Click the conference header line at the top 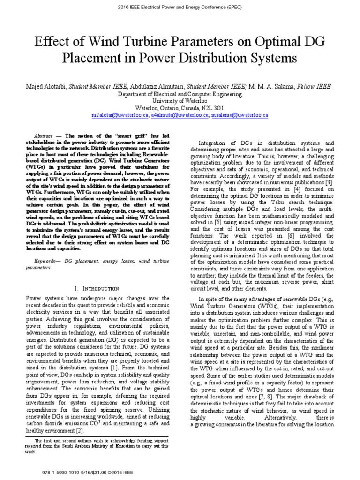point(180,8)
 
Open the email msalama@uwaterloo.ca point(240,114)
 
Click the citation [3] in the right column point(330,182)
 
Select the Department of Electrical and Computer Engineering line point(180,94)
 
